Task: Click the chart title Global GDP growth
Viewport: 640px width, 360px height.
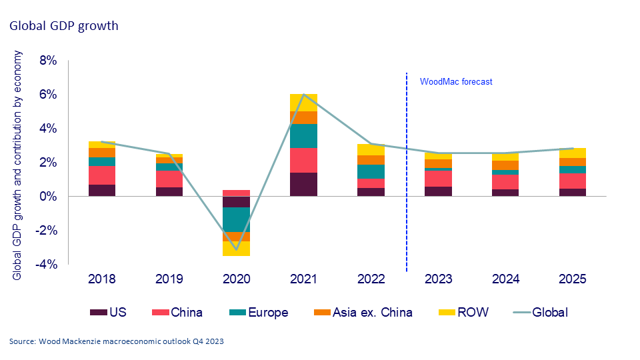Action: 63,26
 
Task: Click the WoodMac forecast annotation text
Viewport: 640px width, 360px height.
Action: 455,82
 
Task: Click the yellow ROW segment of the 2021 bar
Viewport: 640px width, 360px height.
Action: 303,103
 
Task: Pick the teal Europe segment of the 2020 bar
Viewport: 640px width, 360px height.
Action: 236,219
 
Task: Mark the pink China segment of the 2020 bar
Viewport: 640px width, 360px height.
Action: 236,193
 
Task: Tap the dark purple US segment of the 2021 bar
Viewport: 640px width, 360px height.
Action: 303,185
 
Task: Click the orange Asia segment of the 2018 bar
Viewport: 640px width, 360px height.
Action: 101,153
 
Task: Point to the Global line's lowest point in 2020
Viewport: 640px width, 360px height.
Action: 236,250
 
